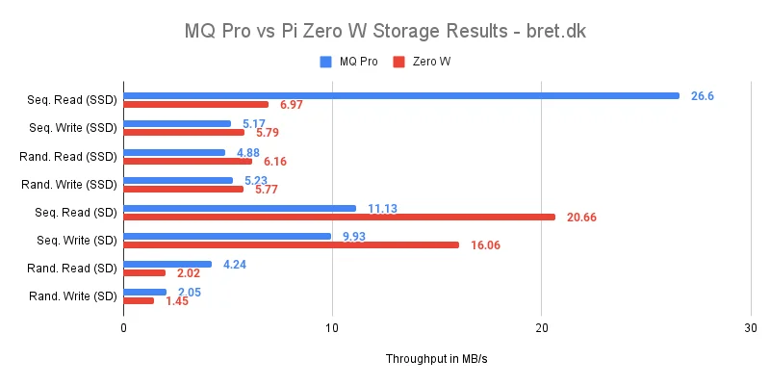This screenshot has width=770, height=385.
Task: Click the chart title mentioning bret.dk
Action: click(385, 31)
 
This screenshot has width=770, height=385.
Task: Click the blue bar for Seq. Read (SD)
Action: click(240, 208)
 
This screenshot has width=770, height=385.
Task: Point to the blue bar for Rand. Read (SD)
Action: click(167, 264)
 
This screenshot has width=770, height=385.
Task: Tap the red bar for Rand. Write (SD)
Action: click(139, 300)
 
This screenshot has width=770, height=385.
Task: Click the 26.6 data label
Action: click(702, 96)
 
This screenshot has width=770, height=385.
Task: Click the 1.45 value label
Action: click(176, 301)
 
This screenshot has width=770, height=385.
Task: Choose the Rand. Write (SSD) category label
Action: click(68, 184)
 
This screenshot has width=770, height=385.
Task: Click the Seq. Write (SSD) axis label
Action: click(72, 128)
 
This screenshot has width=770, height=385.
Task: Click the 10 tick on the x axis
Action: click(332, 328)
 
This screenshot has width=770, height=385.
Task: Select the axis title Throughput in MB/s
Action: click(437, 358)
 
